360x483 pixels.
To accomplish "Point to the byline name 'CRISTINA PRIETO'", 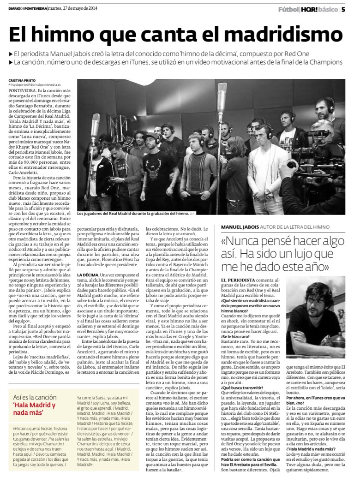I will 23,80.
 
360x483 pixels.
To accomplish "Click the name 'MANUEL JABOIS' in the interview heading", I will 240,227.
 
